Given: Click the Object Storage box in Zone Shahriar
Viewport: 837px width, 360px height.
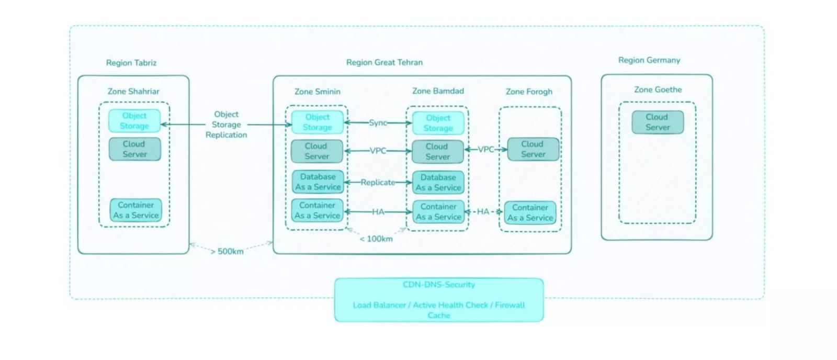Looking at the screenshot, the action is tap(134, 121).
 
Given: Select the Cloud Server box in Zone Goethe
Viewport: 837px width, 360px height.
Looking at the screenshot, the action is tap(658, 122).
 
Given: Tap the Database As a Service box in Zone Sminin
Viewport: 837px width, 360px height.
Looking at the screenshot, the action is tap(318, 182).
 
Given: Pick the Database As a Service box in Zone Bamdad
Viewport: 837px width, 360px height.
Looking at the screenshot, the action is tap(438, 183).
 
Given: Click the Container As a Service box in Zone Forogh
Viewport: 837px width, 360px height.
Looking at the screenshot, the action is tap(530, 213).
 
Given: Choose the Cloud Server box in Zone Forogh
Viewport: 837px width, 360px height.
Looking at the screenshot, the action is tap(533, 149).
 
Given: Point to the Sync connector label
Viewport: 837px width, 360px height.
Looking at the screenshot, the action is tap(378, 122).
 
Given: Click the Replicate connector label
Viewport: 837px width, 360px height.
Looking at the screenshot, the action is tap(378, 183).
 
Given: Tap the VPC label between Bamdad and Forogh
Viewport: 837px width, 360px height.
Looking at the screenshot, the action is tap(486, 150).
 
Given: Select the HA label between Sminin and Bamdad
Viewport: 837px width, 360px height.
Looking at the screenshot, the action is tap(378, 212).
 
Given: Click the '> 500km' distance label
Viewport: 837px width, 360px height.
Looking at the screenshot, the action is tap(227, 251).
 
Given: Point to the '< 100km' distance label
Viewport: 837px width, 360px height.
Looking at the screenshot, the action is tap(376, 239).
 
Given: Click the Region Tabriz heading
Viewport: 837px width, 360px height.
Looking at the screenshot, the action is tap(131, 63).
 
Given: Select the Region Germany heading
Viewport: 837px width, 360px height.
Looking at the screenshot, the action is tap(649, 60).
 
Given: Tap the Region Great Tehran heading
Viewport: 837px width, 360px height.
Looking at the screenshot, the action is tap(384, 62).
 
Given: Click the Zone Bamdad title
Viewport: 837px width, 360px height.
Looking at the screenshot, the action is tap(438, 91).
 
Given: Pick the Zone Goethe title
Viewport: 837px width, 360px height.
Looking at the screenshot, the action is tap(658, 89).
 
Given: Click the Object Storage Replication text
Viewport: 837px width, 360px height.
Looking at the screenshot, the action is tap(226, 125).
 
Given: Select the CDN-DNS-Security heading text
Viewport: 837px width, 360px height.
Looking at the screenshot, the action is tap(439, 285).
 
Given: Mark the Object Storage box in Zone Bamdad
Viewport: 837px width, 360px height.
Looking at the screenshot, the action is tap(438, 123).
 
